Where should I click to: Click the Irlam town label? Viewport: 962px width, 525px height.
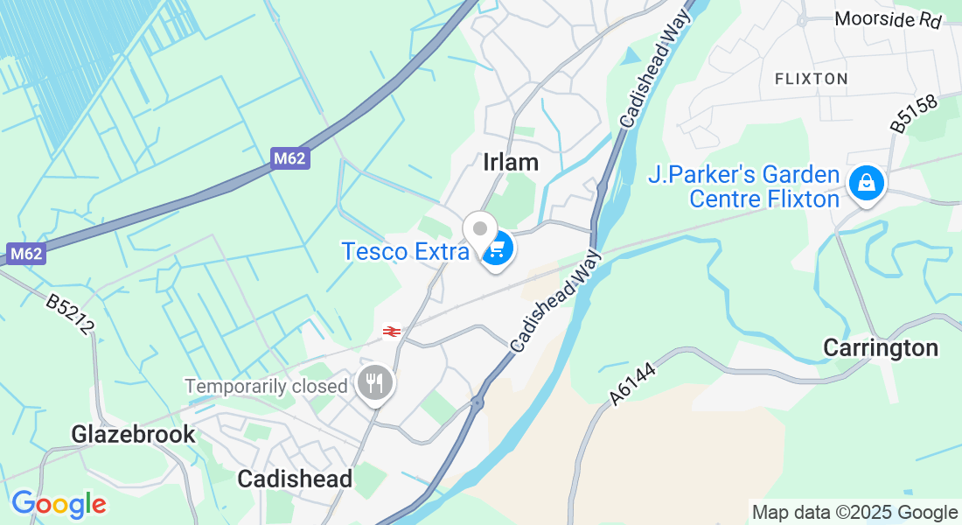(511, 162)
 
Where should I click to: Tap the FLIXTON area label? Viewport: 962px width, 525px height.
(811, 79)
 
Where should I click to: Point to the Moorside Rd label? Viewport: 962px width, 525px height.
(889, 19)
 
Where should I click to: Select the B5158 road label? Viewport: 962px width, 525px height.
(914, 115)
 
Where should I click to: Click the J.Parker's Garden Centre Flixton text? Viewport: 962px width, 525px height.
(743, 187)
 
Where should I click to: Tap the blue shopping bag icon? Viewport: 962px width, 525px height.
(865, 183)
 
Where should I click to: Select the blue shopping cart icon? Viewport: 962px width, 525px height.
(496, 249)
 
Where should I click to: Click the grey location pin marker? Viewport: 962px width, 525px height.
(479, 231)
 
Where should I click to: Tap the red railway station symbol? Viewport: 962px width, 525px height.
(391, 332)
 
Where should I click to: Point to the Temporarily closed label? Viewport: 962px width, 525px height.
(266, 386)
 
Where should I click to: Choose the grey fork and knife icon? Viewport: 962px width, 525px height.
(375, 384)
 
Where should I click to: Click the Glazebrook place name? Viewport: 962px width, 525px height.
(133, 434)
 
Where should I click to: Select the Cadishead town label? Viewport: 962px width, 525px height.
(295, 479)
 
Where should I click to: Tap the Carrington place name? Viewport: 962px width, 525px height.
(881, 348)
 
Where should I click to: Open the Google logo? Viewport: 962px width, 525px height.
(59, 504)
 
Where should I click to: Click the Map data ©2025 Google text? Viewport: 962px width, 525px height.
(854, 513)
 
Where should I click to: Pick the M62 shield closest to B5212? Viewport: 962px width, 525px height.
(26, 255)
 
